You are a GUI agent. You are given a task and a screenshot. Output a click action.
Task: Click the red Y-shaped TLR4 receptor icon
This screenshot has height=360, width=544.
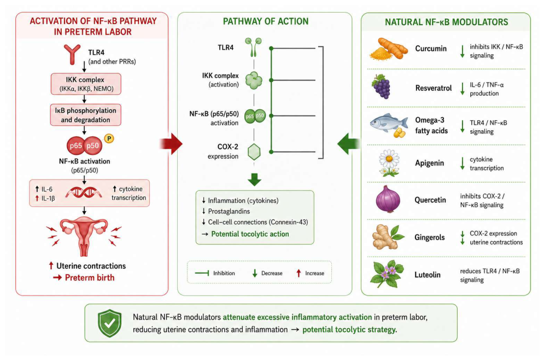(72, 54)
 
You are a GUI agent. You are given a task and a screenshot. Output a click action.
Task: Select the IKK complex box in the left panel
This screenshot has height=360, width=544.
(86, 84)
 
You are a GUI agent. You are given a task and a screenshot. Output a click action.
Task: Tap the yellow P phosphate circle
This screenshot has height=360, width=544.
(109, 138)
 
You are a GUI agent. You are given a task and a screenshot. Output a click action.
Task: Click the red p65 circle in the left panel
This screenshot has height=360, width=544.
(76, 146)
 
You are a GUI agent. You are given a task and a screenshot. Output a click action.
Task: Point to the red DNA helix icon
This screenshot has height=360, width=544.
(84, 193)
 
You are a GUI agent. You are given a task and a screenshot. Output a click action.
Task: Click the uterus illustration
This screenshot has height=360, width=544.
(84, 236)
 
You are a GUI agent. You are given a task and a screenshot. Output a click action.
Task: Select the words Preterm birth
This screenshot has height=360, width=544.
(90, 278)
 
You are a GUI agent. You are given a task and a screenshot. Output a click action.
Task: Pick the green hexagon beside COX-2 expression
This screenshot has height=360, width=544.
(254, 152)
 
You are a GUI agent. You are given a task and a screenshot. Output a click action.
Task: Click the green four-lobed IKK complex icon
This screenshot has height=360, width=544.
(254, 80)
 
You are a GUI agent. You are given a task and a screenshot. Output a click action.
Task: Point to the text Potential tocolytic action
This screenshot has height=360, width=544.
(250, 234)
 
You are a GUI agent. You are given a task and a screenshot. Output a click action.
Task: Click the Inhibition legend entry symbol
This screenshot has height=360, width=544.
(202, 273)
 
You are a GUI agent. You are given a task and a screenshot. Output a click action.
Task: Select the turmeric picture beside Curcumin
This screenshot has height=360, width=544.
(388, 49)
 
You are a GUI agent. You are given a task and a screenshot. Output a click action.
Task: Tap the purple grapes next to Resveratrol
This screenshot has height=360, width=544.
(382, 87)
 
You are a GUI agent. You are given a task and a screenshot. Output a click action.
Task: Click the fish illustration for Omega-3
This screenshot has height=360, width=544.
(389, 125)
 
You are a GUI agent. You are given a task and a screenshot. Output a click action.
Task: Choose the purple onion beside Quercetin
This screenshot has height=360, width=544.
(388, 199)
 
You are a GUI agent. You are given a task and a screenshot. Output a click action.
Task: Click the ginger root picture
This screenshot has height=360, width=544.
(388, 237)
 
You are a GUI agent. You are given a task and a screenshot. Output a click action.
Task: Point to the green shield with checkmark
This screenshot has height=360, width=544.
(110, 323)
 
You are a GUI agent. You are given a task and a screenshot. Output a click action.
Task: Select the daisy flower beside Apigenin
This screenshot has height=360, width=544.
(389, 162)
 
